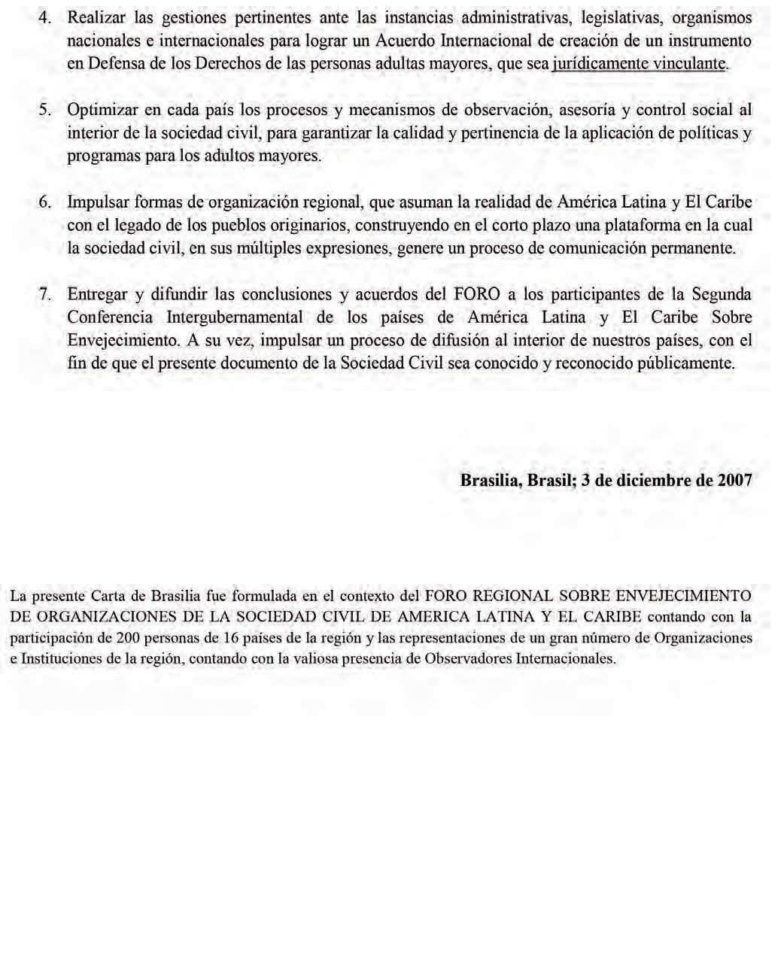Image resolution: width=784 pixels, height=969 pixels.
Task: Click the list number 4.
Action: [x=44, y=17]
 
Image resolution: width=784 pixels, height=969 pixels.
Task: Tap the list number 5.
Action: [x=44, y=110]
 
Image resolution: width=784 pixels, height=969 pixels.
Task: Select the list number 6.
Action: [x=44, y=202]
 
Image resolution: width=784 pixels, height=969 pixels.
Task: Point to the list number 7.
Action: [x=44, y=294]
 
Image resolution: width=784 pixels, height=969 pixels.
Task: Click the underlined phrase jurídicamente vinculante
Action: [x=640, y=64]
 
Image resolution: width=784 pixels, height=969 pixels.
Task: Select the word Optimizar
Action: [x=101, y=110]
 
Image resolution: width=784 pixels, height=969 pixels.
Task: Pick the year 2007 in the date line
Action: [x=735, y=480]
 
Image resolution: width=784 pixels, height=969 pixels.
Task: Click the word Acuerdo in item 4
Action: [x=400, y=41]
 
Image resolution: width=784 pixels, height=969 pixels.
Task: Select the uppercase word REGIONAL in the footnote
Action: [x=509, y=596]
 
